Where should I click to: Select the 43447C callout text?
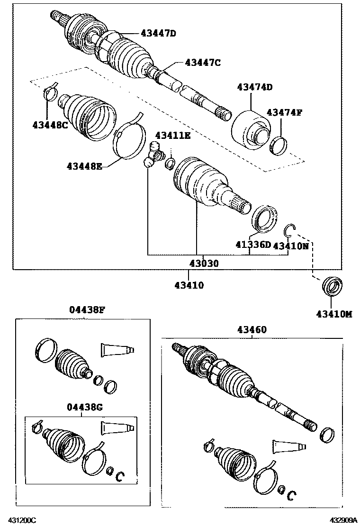[203, 62]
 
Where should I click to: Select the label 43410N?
[291, 245]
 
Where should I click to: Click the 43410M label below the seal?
[334, 313]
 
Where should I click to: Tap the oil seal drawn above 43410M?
[332, 287]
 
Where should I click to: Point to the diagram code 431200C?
[21, 520]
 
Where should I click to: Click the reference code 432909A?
[340, 520]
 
